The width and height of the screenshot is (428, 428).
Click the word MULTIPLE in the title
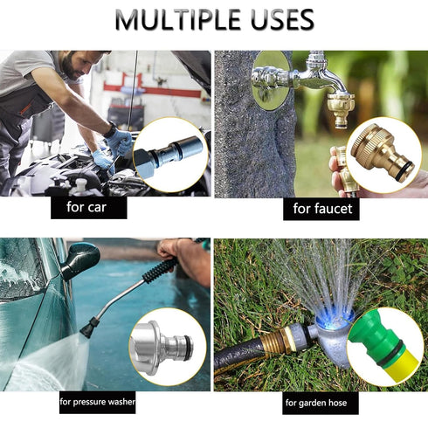177,19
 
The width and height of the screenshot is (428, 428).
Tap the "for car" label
89,208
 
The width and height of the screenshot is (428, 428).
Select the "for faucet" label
321,209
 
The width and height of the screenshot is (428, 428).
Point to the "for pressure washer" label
97,402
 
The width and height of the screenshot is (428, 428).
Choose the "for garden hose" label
321,403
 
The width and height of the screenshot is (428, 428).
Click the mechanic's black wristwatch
110,130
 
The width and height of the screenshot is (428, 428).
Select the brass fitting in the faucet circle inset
382,155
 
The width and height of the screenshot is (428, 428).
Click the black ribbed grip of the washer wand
160,270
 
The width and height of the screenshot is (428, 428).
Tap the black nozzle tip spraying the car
87,327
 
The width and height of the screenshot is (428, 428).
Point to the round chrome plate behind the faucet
271,81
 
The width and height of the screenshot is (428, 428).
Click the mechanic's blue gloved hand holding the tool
120,142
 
